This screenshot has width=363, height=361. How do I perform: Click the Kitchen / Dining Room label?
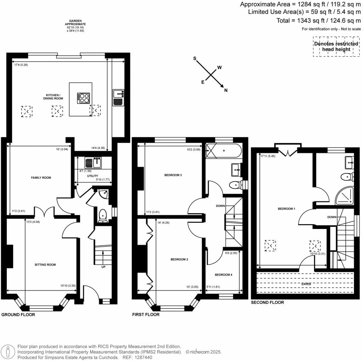click(x=54, y=96)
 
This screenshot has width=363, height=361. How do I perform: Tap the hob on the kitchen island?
click(x=84, y=98)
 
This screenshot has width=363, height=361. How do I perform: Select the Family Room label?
click(x=41, y=177)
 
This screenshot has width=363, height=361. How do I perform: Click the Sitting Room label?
click(x=45, y=265)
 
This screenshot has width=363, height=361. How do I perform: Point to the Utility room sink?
click(x=93, y=163)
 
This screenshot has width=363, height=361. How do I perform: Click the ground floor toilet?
click(x=103, y=215)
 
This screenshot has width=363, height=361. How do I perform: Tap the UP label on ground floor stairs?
click(x=104, y=267)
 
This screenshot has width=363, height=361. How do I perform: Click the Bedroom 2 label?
click(x=179, y=260)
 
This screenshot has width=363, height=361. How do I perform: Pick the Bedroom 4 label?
click(x=224, y=274)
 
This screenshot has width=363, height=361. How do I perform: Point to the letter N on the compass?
click(x=226, y=90)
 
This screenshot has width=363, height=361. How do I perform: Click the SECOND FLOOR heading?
click(x=267, y=302)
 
